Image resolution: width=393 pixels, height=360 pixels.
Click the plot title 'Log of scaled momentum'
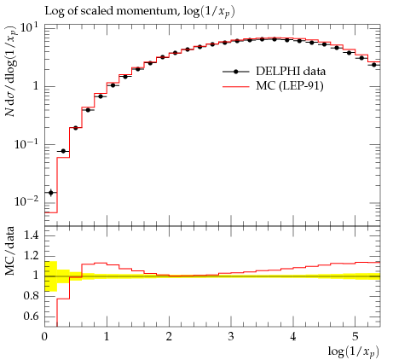pos(110,11)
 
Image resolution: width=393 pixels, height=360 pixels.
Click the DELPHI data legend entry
pos(291,71)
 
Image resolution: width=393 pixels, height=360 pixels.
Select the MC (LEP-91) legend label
pos(290,85)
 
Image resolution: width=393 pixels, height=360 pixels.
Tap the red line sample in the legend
pos(235,86)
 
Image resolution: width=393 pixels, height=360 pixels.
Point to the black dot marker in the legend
pos(235,72)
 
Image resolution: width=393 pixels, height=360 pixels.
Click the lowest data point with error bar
pos(51,193)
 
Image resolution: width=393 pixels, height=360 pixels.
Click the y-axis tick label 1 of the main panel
pos(35,86)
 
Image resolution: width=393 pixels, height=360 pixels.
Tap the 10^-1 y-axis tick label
pos(26,144)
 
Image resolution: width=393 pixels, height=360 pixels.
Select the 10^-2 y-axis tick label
pos(26,201)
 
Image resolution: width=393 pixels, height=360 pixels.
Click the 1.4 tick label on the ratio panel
pos(31,235)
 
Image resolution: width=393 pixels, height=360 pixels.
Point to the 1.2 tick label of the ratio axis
pos(31,255)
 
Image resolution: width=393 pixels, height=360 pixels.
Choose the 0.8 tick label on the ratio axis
pos(31,296)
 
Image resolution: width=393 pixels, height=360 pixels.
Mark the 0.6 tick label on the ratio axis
pos(31,316)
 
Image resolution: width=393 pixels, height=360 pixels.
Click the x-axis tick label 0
pos(44,337)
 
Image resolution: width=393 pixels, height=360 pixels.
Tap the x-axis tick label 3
pos(231,337)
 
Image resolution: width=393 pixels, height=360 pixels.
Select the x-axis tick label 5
pos(355,337)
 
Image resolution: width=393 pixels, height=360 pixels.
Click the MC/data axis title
pos(10,251)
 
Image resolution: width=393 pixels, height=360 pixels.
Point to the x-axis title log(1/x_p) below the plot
pos(354,351)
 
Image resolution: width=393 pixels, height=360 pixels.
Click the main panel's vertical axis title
pos(11,72)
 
